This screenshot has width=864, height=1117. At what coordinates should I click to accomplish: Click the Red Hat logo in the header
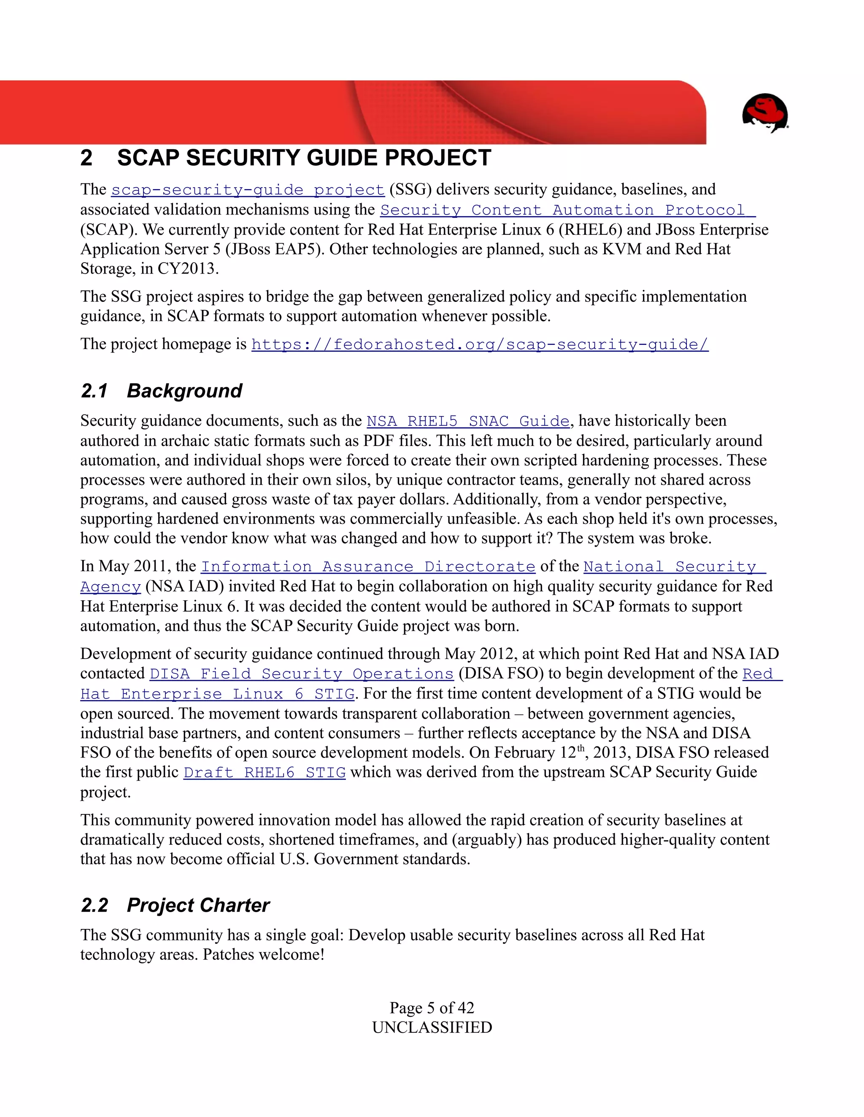(x=765, y=113)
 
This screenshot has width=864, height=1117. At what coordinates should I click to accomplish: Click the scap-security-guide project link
(x=248, y=190)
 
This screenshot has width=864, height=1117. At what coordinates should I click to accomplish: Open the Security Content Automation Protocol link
(x=567, y=210)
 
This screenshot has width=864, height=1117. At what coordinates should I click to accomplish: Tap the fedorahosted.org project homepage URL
(x=480, y=345)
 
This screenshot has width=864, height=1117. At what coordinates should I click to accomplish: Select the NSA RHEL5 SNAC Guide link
(x=468, y=422)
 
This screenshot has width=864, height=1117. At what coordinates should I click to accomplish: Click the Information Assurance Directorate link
(x=368, y=567)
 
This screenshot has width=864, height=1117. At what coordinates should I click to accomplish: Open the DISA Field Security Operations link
(x=302, y=674)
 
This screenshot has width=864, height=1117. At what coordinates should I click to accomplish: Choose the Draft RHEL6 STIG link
(x=264, y=772)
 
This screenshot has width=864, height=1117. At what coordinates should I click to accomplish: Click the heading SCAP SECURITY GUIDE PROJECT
(x=304, y=158)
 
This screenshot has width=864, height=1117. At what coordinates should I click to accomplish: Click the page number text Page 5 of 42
(x=432, y=1007)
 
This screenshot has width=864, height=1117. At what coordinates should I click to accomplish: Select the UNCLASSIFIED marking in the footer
(x=432, y=1027)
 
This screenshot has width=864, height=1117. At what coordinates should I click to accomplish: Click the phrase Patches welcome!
(x=264, y=955)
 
